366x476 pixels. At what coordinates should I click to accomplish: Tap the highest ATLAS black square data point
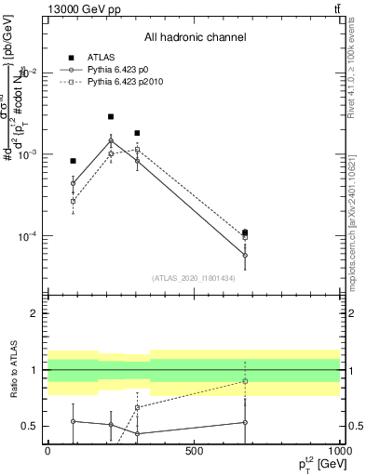111,117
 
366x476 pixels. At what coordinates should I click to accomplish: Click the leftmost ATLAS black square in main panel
73,161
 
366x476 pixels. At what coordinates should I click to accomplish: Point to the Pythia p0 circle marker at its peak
111,141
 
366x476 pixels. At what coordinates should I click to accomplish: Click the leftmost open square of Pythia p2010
73,201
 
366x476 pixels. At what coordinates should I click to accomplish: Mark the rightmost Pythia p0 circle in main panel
245,255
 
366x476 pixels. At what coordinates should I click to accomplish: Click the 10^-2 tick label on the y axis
30,73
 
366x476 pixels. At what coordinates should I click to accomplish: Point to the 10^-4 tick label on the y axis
30,236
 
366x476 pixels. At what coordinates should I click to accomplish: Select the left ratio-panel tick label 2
34,313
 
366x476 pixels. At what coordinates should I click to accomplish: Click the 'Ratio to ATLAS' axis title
12,370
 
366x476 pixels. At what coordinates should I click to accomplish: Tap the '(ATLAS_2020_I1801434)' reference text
195,277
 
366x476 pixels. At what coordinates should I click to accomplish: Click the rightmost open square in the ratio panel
245,381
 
